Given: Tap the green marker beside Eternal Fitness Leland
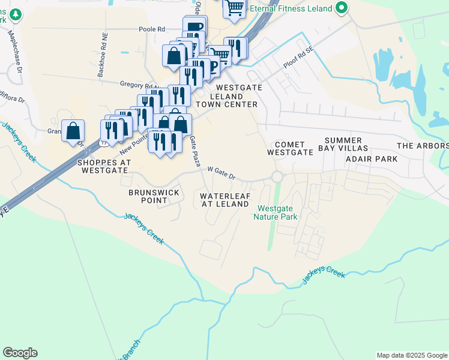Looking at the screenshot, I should tap(342, 8).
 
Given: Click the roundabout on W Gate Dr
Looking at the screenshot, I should tap(277, 177).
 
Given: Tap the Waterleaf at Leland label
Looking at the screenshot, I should tap(224, 200).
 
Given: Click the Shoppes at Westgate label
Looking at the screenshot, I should tap(103, 166).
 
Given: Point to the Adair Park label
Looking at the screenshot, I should tap(372, 160).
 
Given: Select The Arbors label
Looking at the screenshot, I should tap(423, 146).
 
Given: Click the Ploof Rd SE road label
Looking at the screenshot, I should tap(299, 56).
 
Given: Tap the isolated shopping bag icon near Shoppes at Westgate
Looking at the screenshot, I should tap(73, 131).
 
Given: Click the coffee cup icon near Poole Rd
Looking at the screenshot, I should tap(195, 26).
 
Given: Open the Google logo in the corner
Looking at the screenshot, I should tap(20, 353).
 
